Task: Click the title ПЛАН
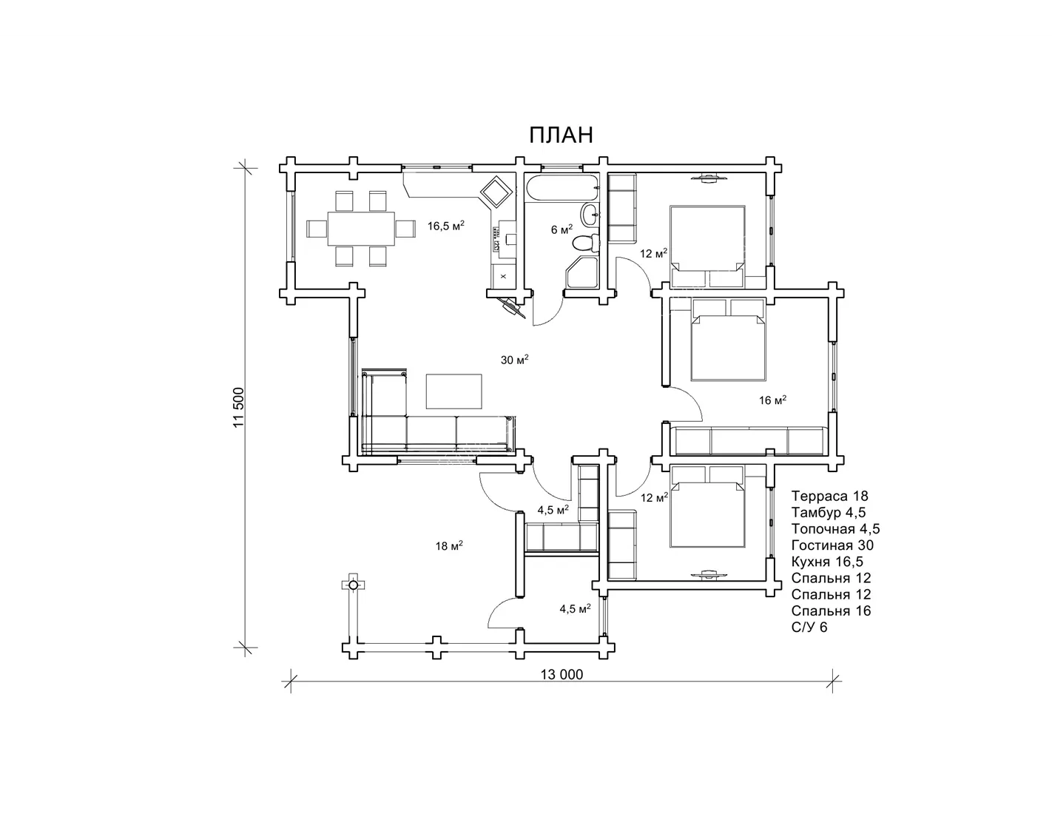pos(561,135)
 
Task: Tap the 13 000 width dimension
pos(562,674)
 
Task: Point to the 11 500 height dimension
pos(239,407)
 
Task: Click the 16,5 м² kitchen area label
pos(446,225)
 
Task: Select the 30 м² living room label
pos(515,360)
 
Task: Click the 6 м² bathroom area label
pos(562,229)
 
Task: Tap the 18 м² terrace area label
pos(449,545)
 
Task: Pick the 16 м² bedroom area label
pos(772,400)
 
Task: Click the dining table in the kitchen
pos(361,229)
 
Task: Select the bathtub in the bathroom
pos(562,189)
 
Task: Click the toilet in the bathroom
pos(586,243)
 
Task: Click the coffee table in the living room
pos(454,391)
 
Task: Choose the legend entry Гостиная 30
pos(833,545)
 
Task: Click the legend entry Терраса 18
pos(830,496)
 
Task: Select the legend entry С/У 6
pos(809,628)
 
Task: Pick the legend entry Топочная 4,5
pos(835,529)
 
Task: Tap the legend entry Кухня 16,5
pos(827,562)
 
